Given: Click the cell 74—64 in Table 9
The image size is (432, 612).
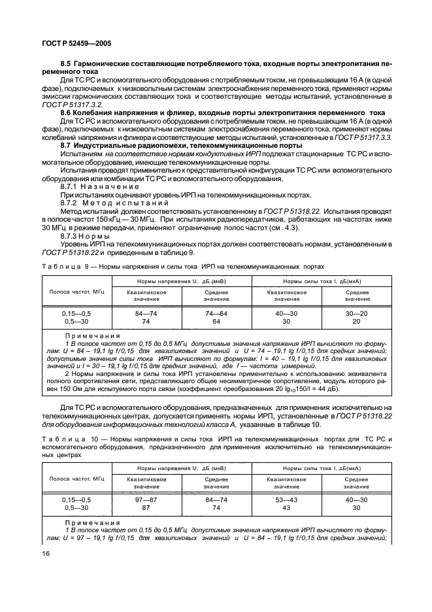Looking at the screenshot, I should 215,313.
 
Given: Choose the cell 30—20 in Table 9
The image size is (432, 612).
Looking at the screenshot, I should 356,313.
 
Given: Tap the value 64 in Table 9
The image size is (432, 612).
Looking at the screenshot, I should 215,321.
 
